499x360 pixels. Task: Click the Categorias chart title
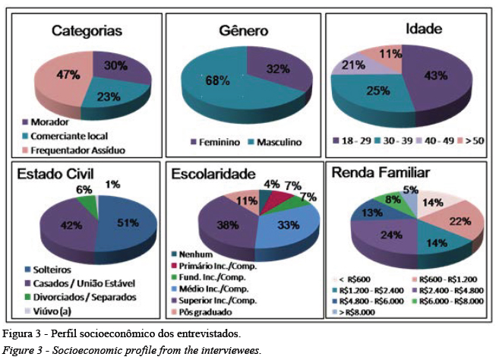(87, 31)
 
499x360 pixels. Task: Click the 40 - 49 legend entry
(442, 140)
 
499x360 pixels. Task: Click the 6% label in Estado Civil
(84, 190)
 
